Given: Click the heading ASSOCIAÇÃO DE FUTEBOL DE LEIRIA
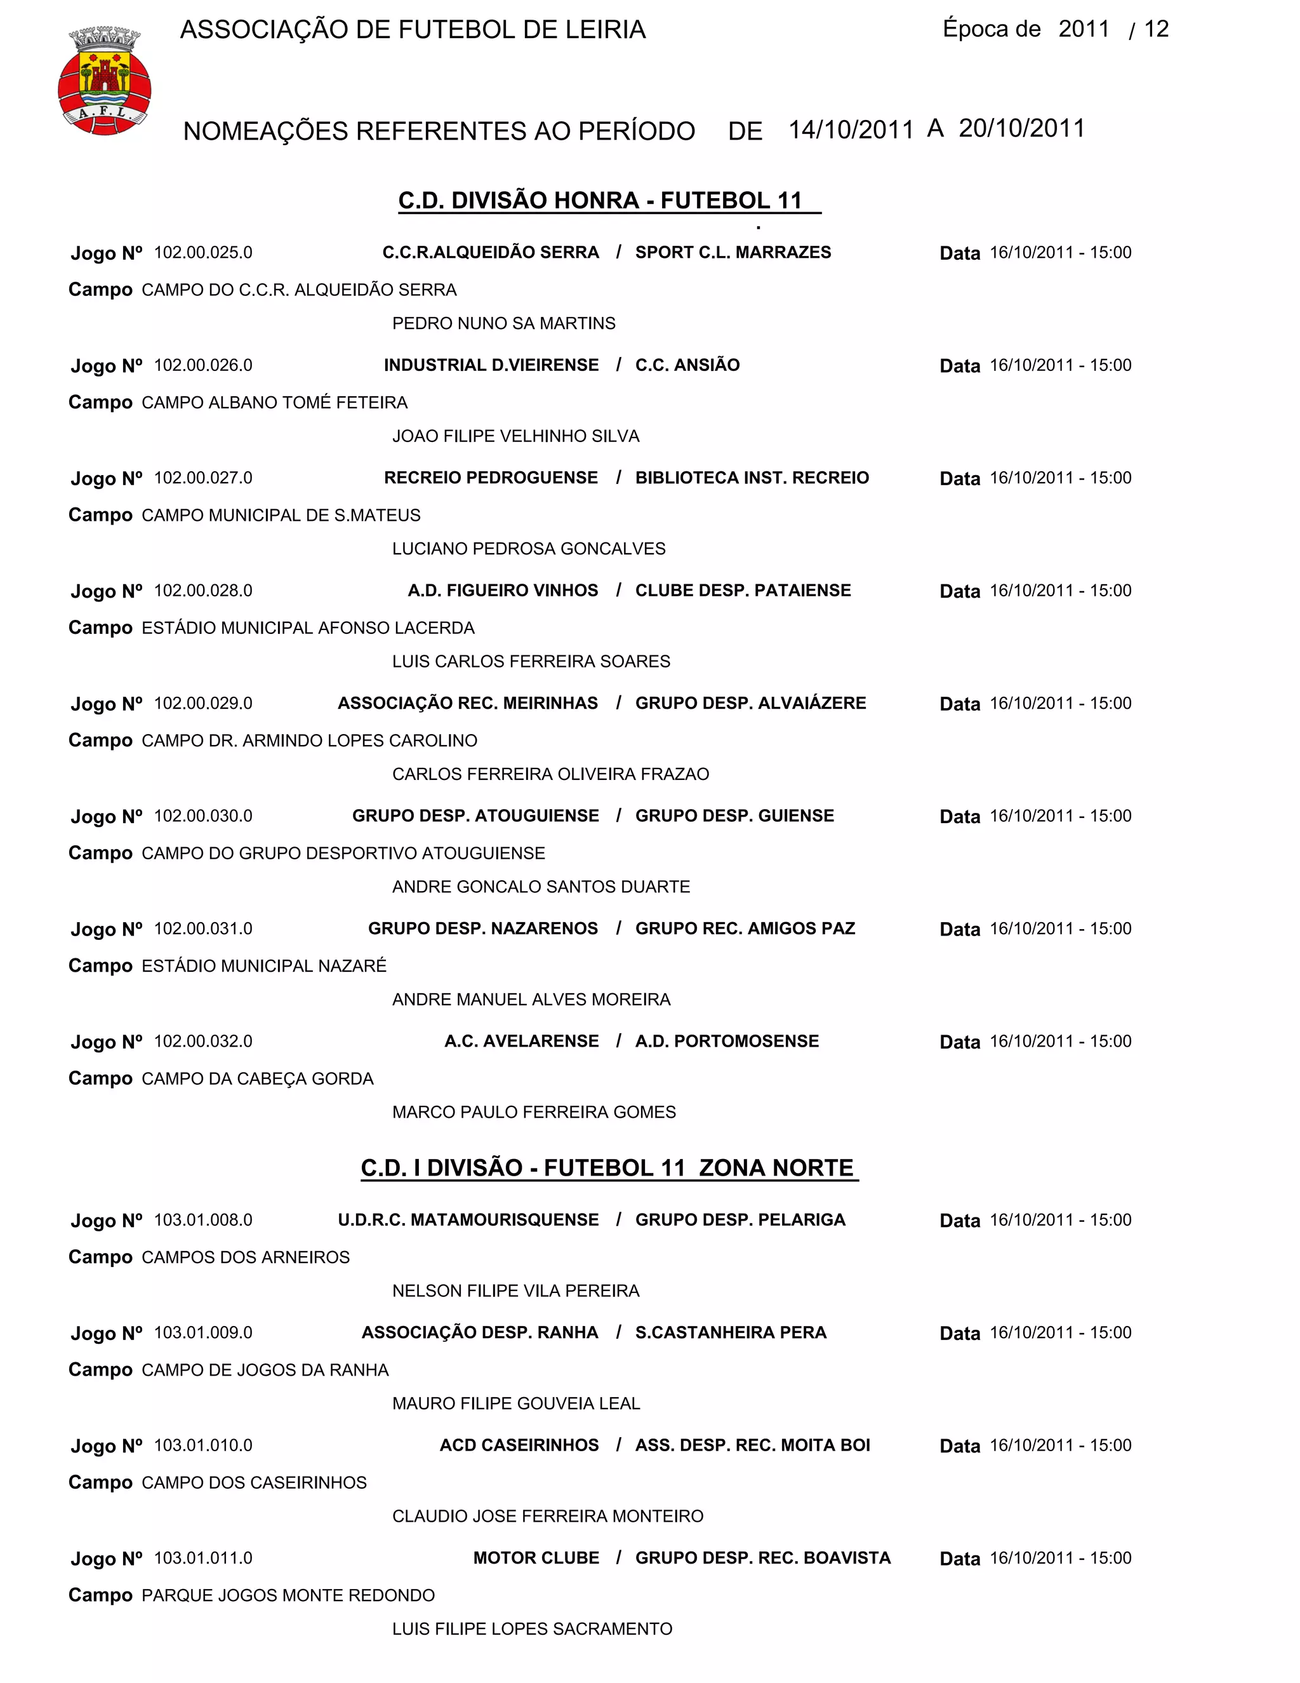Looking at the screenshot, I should point(413,30).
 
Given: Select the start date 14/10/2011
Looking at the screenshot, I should point(850,130).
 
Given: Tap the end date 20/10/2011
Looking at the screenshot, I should point(1021,128).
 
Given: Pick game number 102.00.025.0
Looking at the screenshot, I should point(203,253).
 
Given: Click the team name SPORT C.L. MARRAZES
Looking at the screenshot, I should point(733,253).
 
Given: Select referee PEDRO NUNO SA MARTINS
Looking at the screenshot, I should point(503,324).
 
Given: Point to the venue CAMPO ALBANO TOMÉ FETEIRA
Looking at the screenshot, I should point(274,403).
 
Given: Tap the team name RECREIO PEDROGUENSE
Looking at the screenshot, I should point(491,478).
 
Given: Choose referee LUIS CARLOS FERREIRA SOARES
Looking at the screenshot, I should point(531,661).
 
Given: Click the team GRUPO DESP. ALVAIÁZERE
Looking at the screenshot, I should point(750,704).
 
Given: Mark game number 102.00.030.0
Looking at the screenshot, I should point(203,816).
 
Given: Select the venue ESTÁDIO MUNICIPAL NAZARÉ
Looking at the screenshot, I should point(263,967).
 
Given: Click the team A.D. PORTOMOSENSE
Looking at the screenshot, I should point(726,1041).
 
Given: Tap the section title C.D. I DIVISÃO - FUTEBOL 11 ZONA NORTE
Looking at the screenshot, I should point(607,1168).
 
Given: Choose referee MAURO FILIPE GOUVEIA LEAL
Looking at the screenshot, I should point(516,1404).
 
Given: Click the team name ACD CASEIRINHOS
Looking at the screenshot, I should point(519,1445).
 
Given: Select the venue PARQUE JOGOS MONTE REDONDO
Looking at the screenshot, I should point(288,1595).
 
